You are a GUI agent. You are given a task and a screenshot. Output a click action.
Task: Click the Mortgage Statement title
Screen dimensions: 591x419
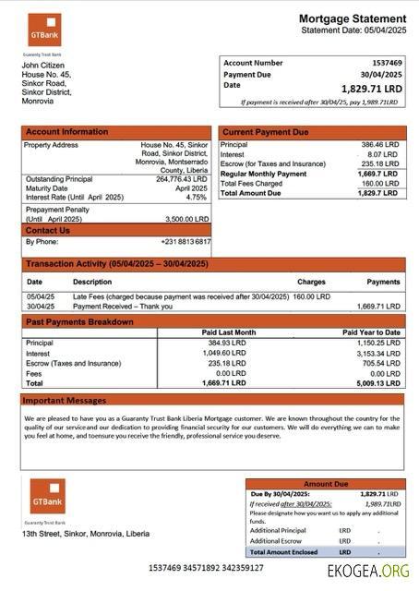(352, 18)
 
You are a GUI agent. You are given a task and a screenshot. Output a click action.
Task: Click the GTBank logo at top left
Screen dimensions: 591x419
(43, 30)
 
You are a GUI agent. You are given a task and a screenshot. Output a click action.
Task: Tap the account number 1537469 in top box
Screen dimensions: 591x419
(384, 63)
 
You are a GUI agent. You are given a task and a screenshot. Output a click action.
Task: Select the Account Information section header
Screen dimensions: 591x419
(66, 132)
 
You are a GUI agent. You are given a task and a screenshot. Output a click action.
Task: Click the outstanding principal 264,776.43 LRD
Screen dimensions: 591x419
(182, 179)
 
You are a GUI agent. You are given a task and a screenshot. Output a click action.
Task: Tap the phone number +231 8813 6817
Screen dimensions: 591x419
(186, 241)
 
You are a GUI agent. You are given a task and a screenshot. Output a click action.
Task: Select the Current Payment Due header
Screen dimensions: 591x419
(266, 132)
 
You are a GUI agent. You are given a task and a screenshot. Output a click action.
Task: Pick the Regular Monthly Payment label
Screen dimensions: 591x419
(264, 174)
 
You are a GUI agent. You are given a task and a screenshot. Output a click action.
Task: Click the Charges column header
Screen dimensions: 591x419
(311, 282)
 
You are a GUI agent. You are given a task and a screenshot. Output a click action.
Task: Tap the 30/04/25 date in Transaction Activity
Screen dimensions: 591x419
(40, 306)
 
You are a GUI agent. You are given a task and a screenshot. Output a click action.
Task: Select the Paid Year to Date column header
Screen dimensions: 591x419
(371, 332)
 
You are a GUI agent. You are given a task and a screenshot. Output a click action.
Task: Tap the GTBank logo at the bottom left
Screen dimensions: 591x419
(47, 497)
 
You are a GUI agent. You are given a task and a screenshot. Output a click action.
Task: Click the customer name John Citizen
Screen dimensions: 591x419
(42, 66)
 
